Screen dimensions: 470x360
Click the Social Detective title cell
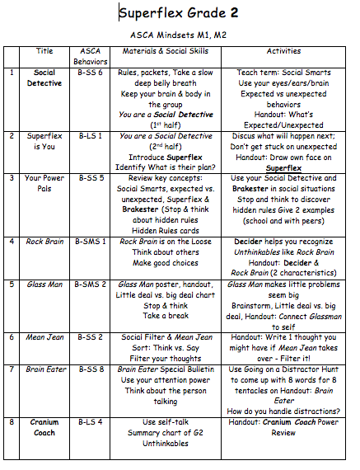(44, 78)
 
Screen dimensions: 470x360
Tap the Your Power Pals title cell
(44, 182)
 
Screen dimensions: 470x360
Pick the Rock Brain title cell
(44, 242)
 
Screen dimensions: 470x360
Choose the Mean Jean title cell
(44, 337)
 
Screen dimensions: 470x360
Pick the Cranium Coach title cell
(44, 428)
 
